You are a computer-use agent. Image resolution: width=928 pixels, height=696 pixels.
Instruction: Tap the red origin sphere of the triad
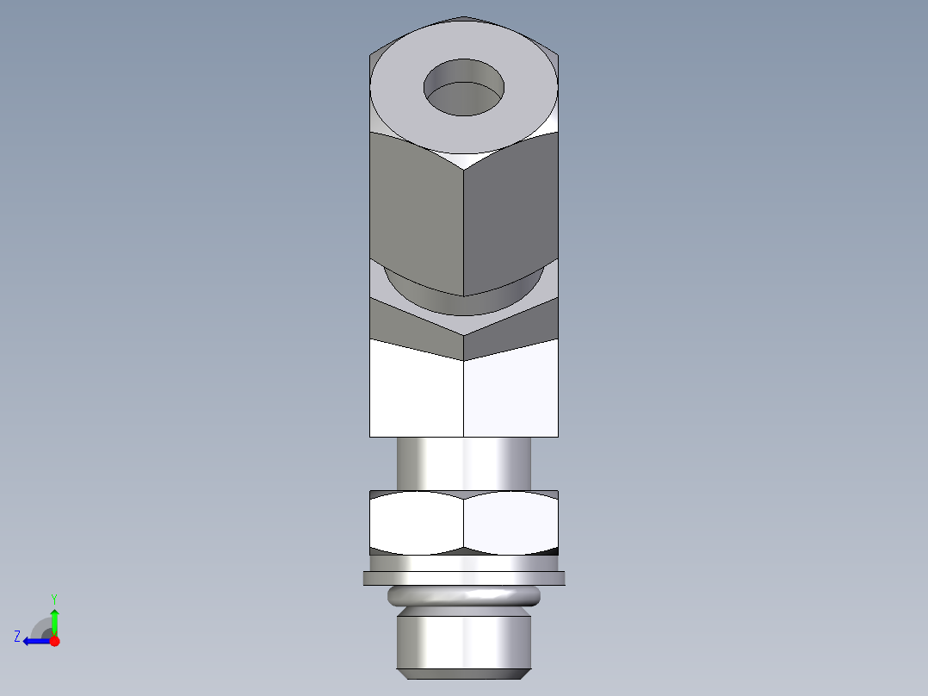coord(54,641)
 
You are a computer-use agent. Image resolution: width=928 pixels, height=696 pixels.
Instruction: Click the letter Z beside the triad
coord(17,637)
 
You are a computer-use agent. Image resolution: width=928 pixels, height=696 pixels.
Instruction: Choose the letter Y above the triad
coord(53,598)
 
